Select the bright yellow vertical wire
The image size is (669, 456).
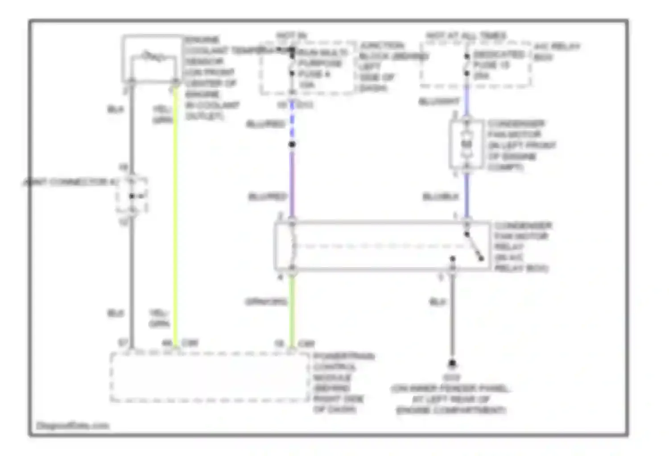click(x=175, y=214)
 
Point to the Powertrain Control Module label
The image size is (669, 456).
click(x=343, y=383)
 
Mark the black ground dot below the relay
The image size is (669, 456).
click(x=452, y=364)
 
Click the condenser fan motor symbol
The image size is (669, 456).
click(x=467, y=144)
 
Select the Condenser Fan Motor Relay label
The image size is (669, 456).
click(x=522, y=247)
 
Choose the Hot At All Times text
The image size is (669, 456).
click(x=466, y=35)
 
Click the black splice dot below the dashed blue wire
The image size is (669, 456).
click(x=292, y=144)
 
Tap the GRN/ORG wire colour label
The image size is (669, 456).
click(x=266, y=302)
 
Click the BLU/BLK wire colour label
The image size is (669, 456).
click(x=440, y=196)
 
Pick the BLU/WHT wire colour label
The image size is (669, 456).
click(x=439, y=102)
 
